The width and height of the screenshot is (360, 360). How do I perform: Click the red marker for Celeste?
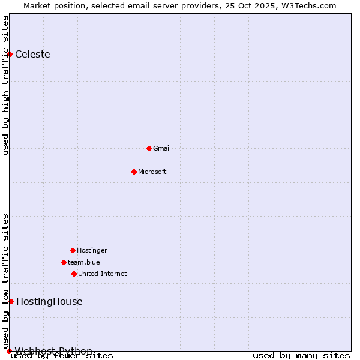point(10,54)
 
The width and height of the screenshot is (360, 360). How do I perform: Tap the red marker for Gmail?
point(149,148)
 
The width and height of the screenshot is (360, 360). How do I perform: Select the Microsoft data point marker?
point(134,172)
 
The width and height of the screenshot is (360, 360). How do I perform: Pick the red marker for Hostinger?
point(73,250)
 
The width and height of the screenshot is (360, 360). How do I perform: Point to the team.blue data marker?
point(64,262)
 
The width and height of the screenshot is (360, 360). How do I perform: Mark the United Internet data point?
point(74,274)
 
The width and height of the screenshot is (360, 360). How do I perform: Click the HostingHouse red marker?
point(11,301)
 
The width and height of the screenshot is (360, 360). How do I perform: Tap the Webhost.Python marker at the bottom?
point(9,351)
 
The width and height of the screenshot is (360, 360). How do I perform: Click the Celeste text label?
point(32,55)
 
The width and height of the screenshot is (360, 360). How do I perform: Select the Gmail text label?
point(162,148)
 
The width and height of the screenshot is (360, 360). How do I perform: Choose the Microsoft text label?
point(152,172)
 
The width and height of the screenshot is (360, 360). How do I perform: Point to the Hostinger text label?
point(92,250)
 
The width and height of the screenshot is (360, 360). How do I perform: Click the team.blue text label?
point(84,262)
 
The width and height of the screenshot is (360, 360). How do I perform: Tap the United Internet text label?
point(103,274)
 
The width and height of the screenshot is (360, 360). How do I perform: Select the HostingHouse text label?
point(49,302)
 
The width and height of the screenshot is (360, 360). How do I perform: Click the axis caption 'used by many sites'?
point(301,356)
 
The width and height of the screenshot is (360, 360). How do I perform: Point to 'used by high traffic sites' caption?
point(6,85)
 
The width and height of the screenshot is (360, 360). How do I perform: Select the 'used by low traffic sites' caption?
point(6,281)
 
